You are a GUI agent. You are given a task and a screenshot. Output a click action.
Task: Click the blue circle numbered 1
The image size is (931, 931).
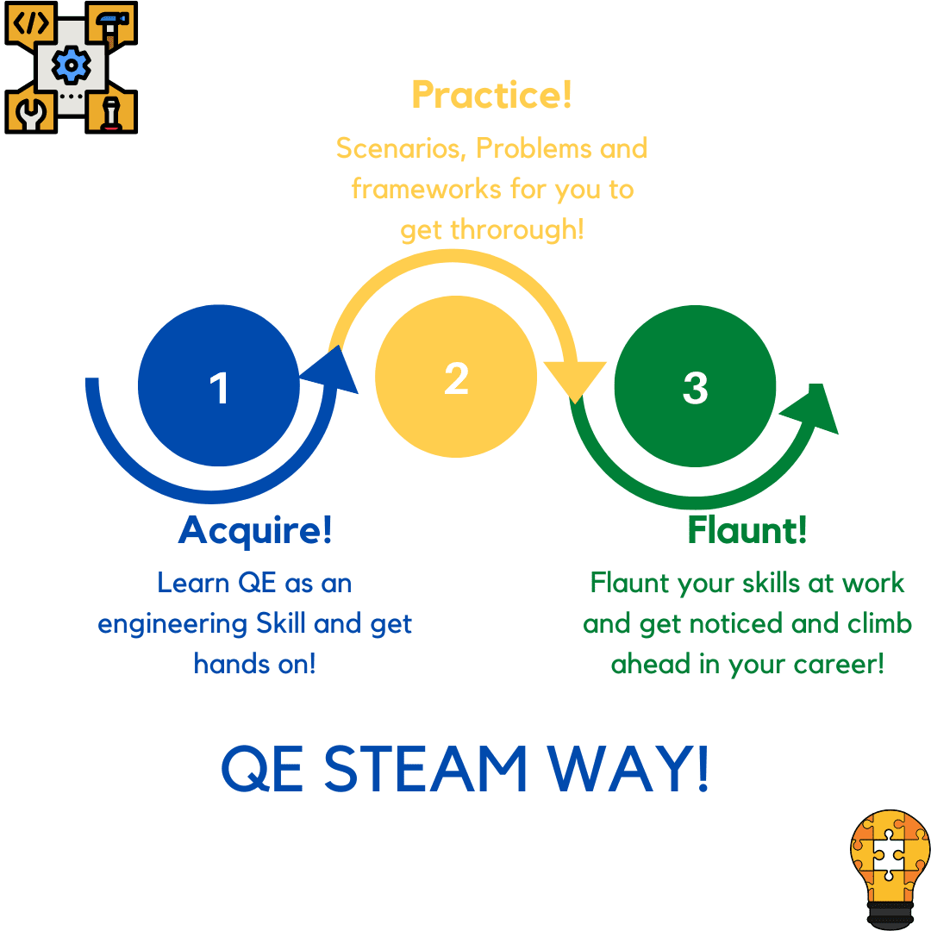click(218, 385)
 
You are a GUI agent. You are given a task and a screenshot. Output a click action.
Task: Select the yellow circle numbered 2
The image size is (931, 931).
click(456, 377)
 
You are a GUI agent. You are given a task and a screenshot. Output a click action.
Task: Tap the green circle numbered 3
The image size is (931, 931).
click(695, 386)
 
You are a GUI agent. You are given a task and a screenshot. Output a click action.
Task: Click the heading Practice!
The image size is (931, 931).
click(491, 95)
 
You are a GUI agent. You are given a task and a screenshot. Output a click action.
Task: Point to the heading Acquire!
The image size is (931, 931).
click(254, 530)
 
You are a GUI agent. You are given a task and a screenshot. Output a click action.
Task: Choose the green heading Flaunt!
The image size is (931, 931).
click(747, 529)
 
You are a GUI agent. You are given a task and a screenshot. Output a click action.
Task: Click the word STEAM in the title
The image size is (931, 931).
click(425, 769)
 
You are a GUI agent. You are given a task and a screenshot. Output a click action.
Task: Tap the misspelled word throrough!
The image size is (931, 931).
click(517, 229)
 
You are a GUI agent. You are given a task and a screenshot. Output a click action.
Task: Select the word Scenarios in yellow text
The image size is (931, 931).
click(401, 148)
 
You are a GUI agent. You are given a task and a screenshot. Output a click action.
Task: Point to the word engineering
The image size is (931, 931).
click(172, 625)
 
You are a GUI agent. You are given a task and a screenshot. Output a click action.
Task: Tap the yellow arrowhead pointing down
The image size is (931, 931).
click(575, 403)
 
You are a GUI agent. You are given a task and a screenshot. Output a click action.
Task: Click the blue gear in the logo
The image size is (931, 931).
click(72, 65)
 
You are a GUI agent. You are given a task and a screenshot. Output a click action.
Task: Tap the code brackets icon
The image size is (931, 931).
click(31, 23)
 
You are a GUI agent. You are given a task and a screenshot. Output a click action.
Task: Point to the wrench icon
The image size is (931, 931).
click(31, 114)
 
